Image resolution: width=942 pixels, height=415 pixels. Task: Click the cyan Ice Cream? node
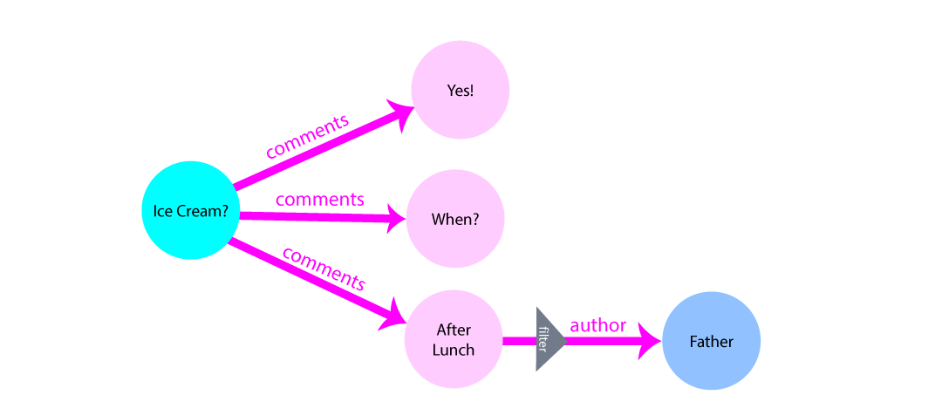pyautogui.click(x=190, y=211)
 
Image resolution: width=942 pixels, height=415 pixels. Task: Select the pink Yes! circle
pyautogui.click(x=460, y=91)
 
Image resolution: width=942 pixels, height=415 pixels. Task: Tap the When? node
pyautogui.click(x=454, y=219)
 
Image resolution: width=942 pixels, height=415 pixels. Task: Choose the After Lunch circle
pyautogui.click(x=454, y=340)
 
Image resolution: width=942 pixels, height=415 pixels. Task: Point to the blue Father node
pyautogui.click(x=711, y=341)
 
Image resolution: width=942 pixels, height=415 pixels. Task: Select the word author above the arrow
pyautogui.click(x=597, y=325)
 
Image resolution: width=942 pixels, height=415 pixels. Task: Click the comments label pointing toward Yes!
pyautogui.click(x=307, y=135)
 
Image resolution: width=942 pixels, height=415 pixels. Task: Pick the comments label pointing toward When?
pyautogui.click(x=319, y=199)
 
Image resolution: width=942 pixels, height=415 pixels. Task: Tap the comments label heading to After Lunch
pyautogui.click(x=324, y=269)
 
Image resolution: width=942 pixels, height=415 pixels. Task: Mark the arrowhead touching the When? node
pyautogui.click(x=398, y=218)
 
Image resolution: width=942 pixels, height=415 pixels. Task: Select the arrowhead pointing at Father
pyautogui.click(x=649, y=341)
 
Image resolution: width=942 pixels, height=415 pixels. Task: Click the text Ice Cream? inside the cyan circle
pyautogui.click(x=190, y=211)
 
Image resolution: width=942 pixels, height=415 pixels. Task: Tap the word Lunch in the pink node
pyautogui.click(x=454, y=350)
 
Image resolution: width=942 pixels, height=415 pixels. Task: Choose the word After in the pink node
pyautogui.click(x=454, y=330)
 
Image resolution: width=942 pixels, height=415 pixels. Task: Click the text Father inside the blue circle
pyautogui.click(x=711, y=341)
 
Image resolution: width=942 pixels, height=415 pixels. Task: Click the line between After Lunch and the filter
pyautogui.click(x=519, y=340)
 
